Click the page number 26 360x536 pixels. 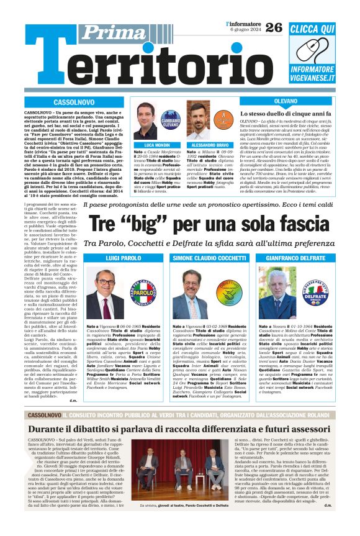click(x=273, y=27)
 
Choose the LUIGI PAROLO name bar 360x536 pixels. click(x=123, y=257)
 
